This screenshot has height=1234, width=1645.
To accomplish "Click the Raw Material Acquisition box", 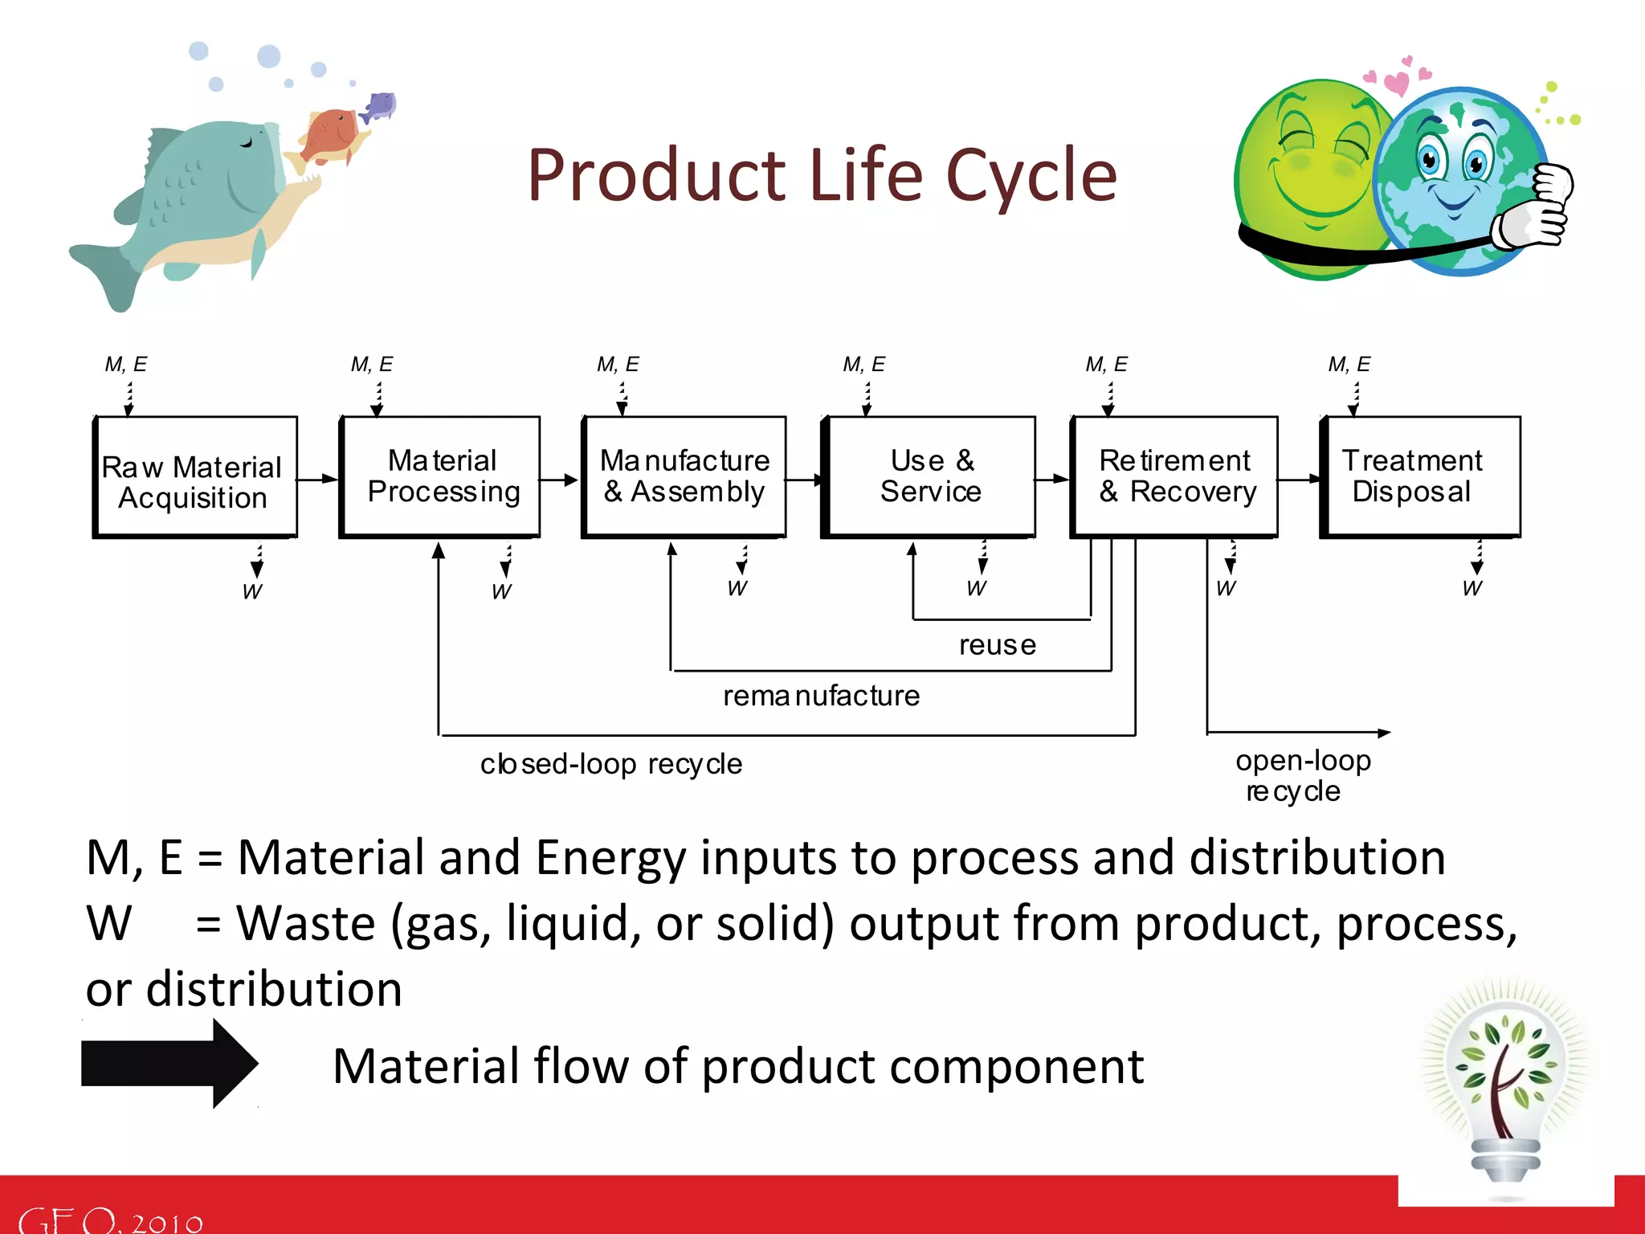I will (194, 479).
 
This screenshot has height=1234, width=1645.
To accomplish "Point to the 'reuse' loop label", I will (997, 645).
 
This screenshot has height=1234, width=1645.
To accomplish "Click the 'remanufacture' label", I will (821, 696).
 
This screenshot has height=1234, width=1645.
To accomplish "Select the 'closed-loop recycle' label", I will (610, 764).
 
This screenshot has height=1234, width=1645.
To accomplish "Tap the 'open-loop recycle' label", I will (1301, 775).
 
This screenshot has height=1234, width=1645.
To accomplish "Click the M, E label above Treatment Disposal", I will (1349, 365).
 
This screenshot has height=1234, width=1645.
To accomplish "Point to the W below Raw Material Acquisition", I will (252, 592).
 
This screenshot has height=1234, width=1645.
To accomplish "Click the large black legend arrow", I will (169, 1064).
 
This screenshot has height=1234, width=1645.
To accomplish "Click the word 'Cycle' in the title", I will (1031, 176).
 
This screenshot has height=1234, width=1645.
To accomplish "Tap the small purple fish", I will (380, 106).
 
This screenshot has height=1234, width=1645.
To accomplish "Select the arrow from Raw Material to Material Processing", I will (318, 479).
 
